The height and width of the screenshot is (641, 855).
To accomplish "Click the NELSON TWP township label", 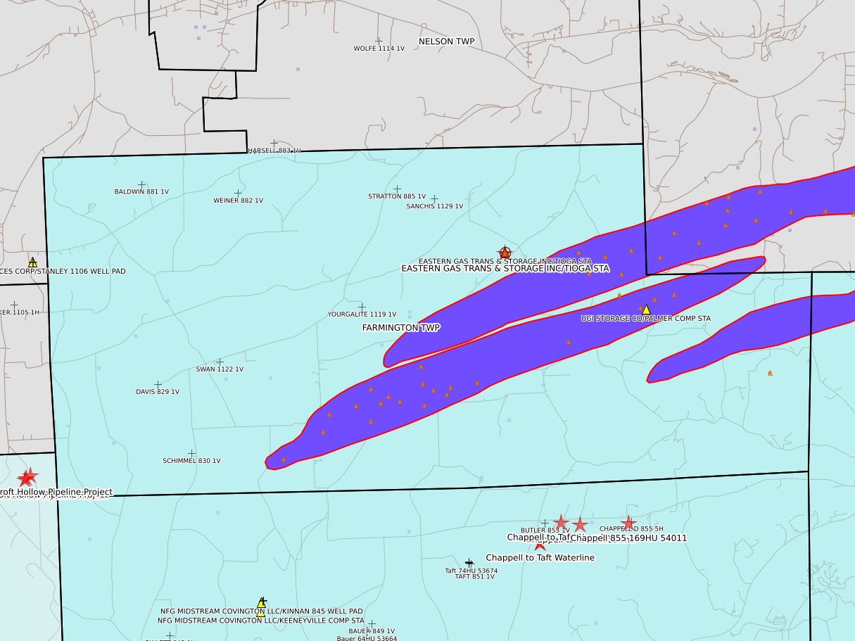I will [446, 42].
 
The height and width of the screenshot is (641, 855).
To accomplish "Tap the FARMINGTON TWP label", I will [401, 328].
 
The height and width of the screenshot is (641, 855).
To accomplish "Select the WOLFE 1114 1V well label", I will [379, 49].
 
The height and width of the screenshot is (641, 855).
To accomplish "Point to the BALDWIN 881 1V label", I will [141, 191].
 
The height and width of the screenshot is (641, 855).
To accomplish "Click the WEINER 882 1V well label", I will [238, 201].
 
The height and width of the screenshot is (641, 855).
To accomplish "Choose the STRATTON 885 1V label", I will [397, 196].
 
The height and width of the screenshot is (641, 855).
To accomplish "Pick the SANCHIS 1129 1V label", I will [434, 206].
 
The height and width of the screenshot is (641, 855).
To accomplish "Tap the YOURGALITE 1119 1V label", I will [362, 315].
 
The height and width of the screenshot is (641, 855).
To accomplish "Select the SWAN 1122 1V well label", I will [220, 369].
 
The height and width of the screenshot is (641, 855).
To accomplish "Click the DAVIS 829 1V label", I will [157, 392].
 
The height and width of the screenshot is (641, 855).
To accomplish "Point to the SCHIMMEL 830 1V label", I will [191, 461].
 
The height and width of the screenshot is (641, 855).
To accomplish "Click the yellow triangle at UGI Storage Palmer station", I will [646, 310].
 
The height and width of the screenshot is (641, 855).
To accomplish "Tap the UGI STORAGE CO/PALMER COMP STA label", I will [645, 319].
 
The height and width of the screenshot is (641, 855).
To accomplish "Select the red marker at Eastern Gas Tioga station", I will [505, 252].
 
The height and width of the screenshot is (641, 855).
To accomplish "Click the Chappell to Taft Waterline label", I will [540, 558].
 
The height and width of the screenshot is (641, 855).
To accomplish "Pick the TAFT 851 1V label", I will [474, 576].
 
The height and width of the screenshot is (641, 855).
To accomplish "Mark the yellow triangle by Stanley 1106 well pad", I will [32, 262].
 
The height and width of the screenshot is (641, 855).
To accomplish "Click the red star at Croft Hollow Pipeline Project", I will [27, 478].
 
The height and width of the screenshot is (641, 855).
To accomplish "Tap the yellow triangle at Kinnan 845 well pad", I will [261, 602].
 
